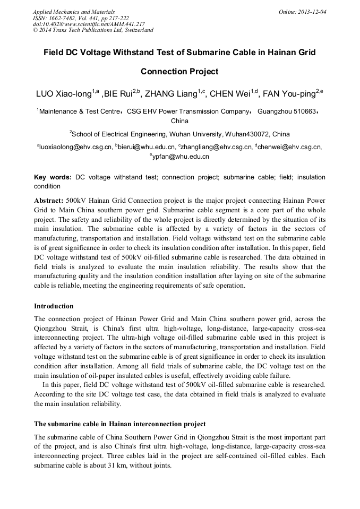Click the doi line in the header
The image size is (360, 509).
point(89,24)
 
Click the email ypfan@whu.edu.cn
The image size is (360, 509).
point(181,157)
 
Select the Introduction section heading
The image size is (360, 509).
point(54,306)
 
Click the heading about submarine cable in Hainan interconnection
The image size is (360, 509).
point(119,424)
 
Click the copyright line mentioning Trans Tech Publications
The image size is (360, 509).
point(93,30)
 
